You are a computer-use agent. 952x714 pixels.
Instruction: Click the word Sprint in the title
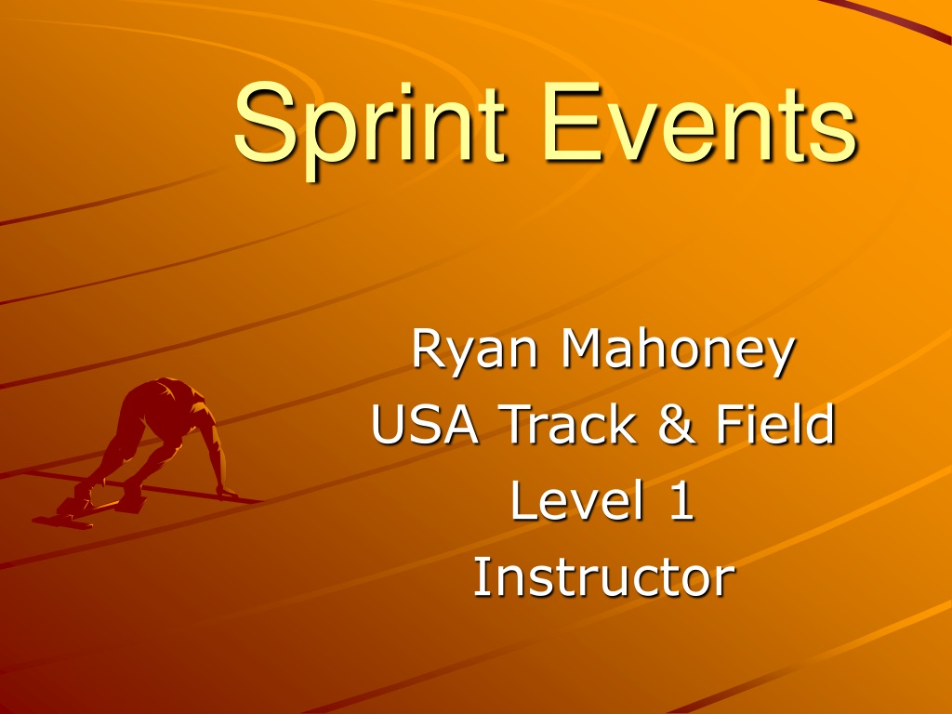pos(369,127)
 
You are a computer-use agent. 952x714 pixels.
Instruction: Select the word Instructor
pos(603,576)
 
